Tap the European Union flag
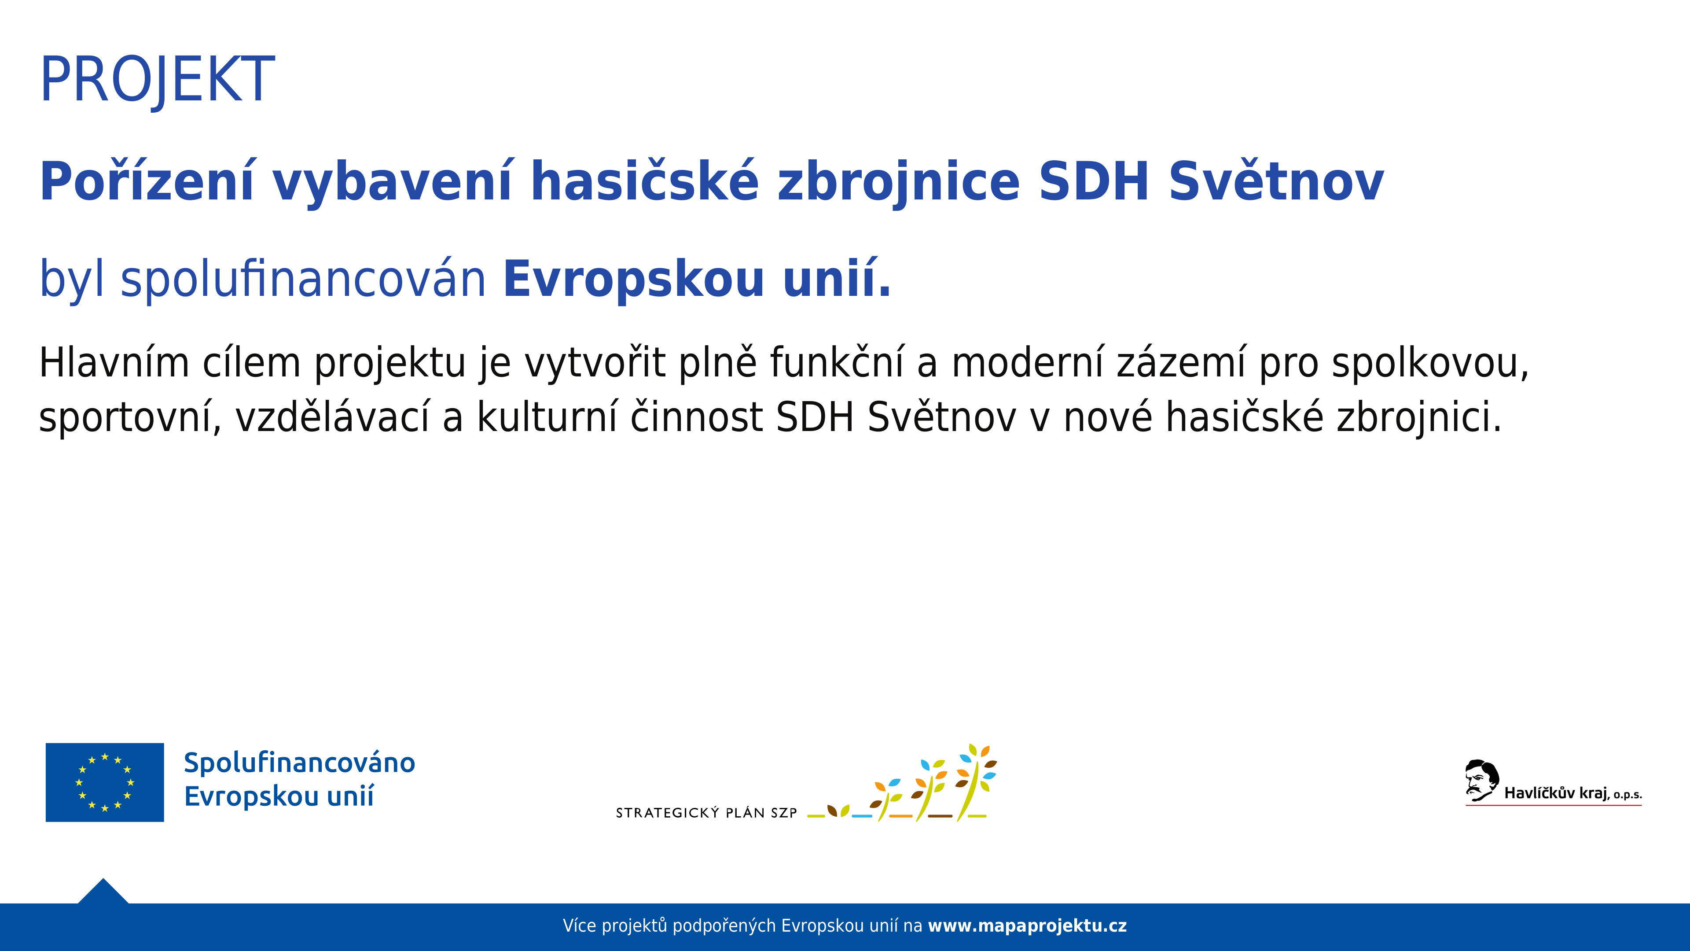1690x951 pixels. pos(105,782)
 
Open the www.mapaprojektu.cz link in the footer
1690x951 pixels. pos(1027,926)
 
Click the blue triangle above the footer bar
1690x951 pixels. pos(103,892)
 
